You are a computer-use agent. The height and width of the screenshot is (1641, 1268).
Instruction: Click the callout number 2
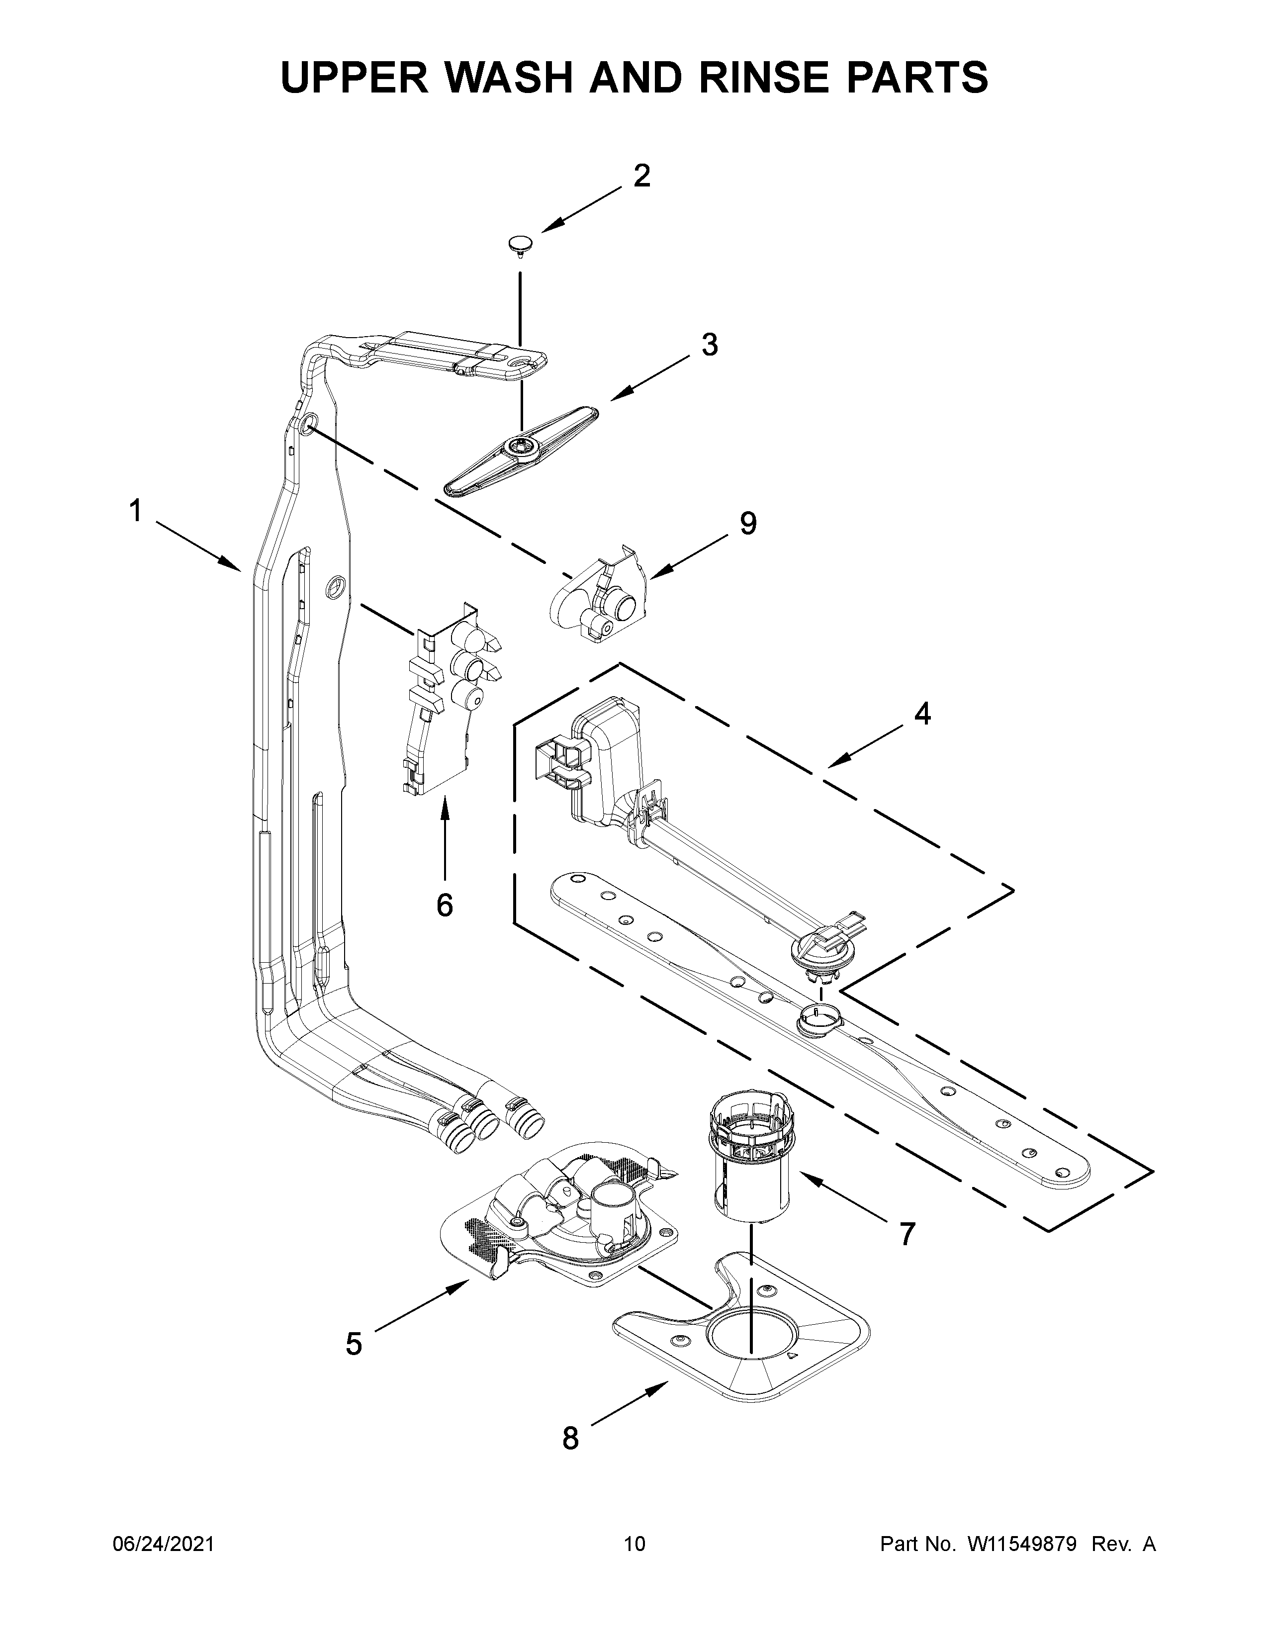point(641,176)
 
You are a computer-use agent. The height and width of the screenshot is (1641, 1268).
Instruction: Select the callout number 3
point(709,345)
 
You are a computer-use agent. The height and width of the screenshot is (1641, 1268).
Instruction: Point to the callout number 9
point(747,523)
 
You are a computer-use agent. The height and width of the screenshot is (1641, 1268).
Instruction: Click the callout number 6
point(445,906)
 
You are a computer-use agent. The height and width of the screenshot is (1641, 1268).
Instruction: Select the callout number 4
point(922,714)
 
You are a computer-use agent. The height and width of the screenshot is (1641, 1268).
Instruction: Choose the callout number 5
point(354,1344)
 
